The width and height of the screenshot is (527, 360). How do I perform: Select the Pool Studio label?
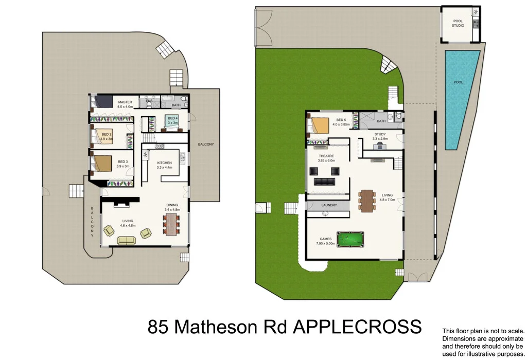(458, 23)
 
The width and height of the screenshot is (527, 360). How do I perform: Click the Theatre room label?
(326, 156)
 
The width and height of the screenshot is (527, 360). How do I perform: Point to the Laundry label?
(329, 205)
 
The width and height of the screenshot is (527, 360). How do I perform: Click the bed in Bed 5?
(320, 126)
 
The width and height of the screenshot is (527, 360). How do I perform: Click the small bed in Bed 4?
(171, 121)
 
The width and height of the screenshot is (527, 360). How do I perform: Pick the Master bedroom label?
(125, 102)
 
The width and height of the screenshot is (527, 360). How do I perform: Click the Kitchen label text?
(164, 163)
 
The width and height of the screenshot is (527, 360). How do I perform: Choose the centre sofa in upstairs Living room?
(127, 240)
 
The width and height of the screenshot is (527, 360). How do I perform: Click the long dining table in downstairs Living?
(366, 201)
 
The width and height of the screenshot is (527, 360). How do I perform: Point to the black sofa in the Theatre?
(325, 181)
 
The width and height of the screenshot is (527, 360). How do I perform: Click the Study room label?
(380, 134)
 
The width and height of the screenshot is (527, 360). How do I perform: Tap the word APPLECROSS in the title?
(357, 327)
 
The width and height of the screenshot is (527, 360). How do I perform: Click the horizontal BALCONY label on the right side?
(205, 144)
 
